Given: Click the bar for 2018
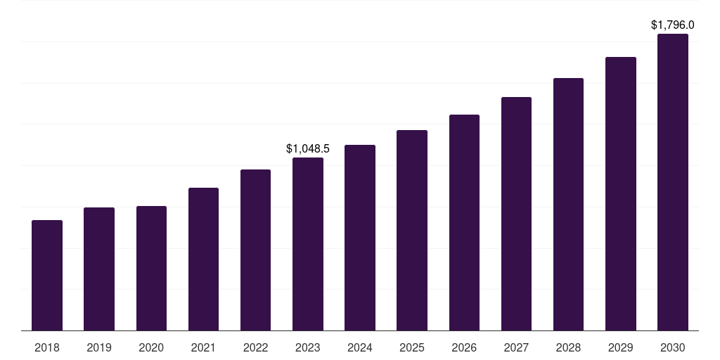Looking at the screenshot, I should click(x=47, y=275).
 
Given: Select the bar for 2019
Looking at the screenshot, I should click(x=99, y=269).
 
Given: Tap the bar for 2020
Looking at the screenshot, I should click(x=151, y=268).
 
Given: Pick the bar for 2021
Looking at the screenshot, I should click(x=203, y=259).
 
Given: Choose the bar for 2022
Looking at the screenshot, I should click(x=255, y=250).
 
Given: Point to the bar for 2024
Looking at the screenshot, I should click(x=360, y=238).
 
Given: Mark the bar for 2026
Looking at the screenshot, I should click(x=464, y=222).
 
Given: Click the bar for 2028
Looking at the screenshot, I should click(x=568, y=204).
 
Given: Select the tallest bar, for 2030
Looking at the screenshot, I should click(x=673, y=182).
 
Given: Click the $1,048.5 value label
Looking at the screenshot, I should click(x=308, y=148).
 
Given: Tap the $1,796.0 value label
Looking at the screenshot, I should click(x=673, y=25).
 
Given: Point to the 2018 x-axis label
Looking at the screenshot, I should click(x=47, y=347).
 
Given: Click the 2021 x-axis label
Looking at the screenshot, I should click(x=203, y=347).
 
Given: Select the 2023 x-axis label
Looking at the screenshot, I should click(x=308, y=347).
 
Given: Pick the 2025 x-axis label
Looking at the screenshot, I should click(x=412, y=347).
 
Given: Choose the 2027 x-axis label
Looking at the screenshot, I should click(x=516, y=347).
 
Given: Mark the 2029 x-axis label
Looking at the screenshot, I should click(x=621, y=347).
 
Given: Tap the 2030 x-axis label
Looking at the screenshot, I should click(x=673, y=347).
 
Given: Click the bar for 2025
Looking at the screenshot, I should click(x=412, y=230).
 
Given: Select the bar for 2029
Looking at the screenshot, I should click(x=621, y=193).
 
